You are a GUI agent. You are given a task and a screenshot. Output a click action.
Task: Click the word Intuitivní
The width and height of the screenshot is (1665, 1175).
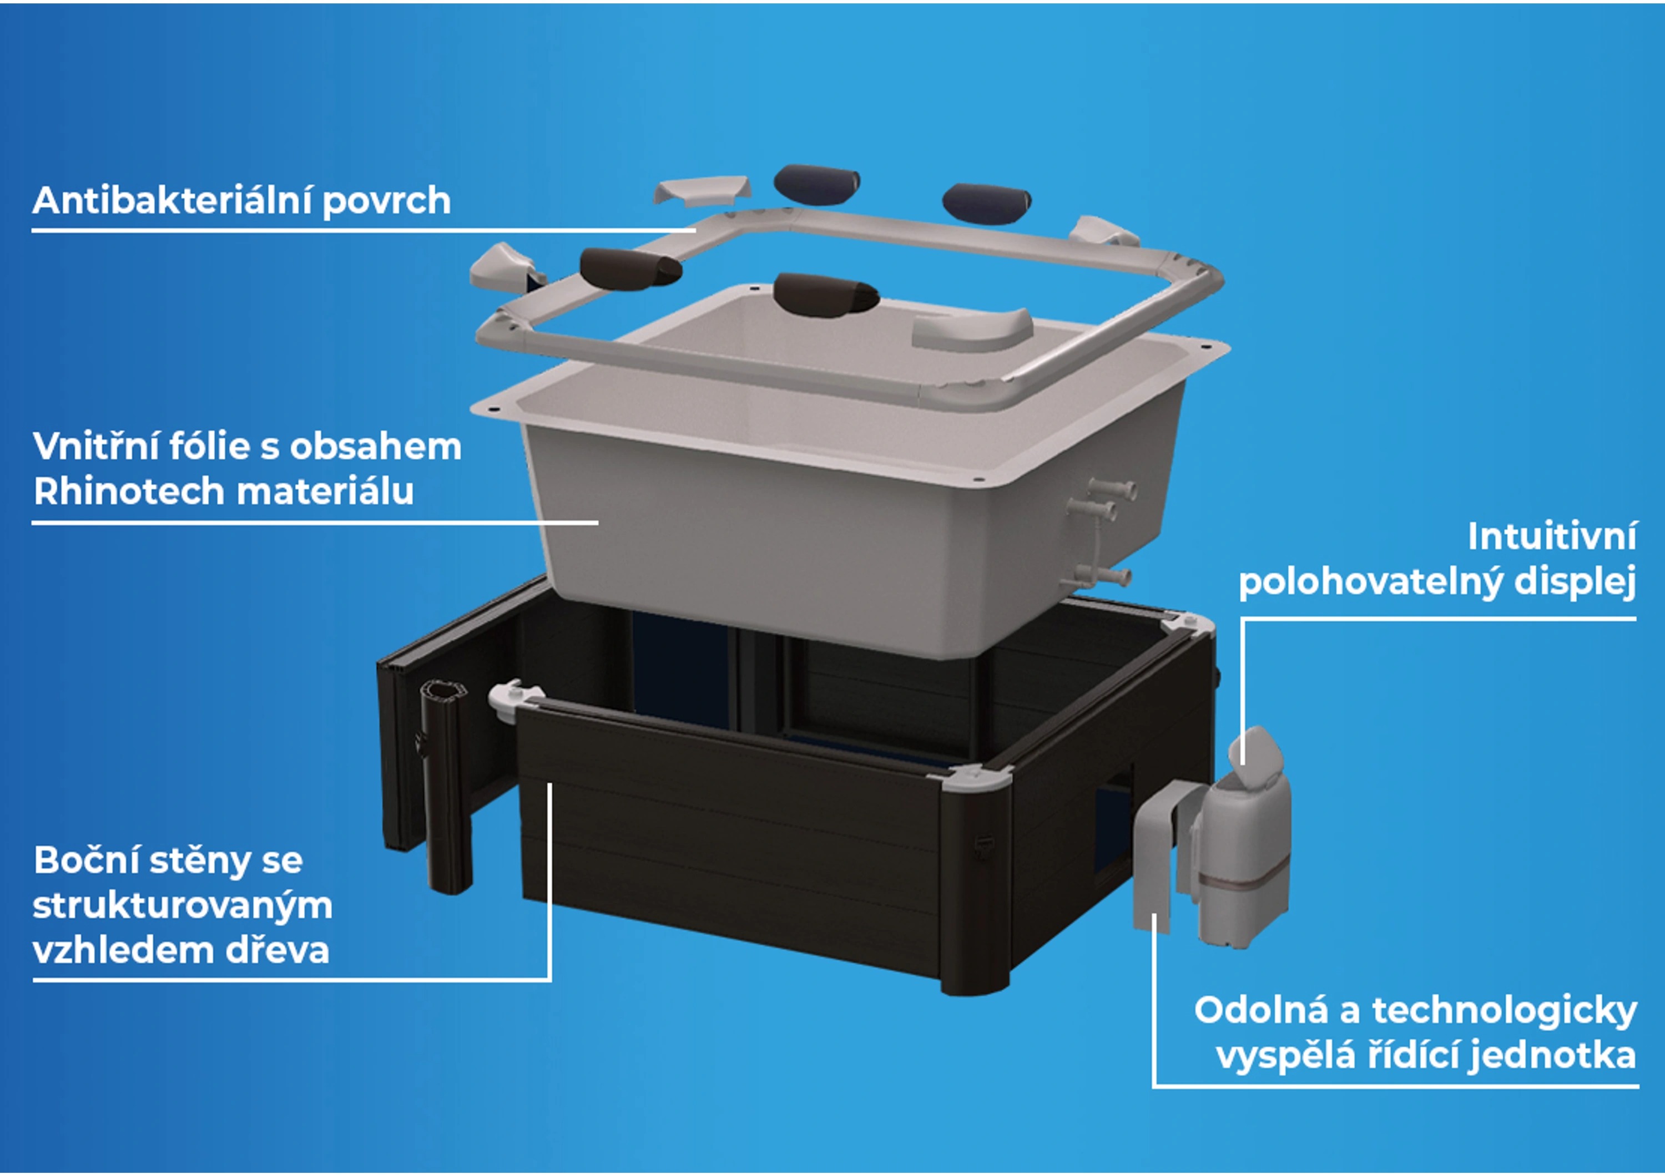(1552, 536)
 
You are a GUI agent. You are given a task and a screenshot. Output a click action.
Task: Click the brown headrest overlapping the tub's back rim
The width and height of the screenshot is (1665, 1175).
(825, 294)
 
